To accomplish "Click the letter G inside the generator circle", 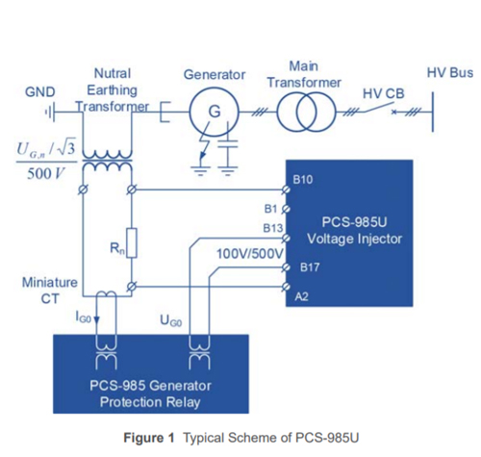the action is point(215,112).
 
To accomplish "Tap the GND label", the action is point(40,92).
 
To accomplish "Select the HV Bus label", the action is point(450,73).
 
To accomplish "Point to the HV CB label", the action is point(384,93).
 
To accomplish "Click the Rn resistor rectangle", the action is point(132,242).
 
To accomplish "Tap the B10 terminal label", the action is point(302,180).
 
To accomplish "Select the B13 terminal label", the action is point(273,228).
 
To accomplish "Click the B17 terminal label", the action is point(310,267).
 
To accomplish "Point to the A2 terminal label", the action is point(301,296).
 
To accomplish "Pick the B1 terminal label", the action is point(270,209).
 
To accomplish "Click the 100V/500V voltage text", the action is point(250,254).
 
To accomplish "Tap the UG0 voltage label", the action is point(171,320).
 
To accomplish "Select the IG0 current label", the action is point(83,317).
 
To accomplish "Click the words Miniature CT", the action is point(50,291).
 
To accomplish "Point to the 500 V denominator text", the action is point(46,174).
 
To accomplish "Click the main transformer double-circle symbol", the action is point(306,112).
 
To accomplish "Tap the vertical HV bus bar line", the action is point(433,112).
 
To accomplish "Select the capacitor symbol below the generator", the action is point(228,143).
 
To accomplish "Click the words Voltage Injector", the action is point(354,239).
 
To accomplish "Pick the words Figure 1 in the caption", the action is point(149,438).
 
